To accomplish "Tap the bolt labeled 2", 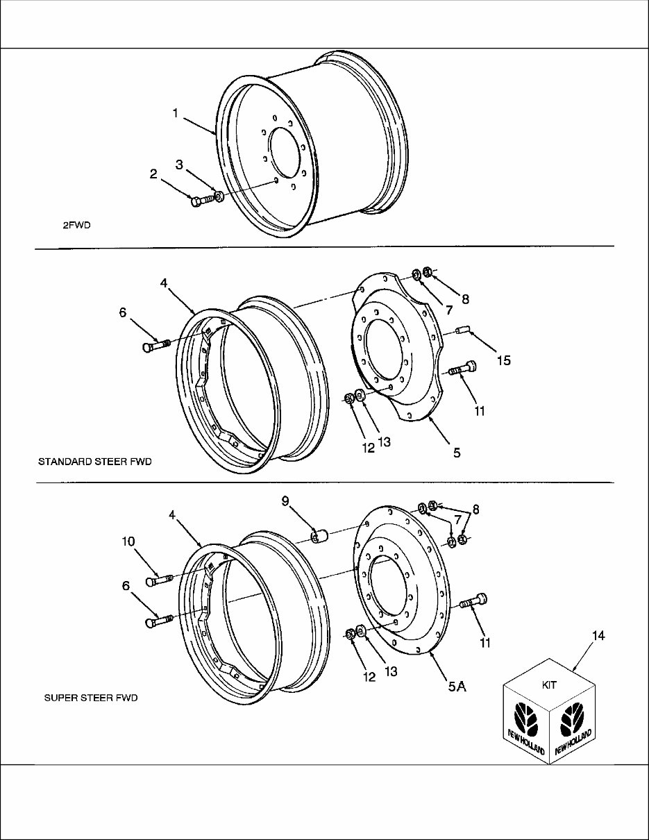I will point(199,201).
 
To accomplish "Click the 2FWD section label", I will point(76,225).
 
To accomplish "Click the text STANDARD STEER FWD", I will point(94,461).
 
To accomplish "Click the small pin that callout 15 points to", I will point(464,330).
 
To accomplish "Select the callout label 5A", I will point(457,687).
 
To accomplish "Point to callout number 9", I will point(285,501).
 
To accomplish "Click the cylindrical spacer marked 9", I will point(319,536).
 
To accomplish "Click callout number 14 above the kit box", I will point(599,635).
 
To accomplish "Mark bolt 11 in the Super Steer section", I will point(475,602).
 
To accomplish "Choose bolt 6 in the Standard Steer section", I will point(155,345).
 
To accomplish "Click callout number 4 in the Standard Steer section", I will point(163,283).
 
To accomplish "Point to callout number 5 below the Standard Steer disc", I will point(457,453).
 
